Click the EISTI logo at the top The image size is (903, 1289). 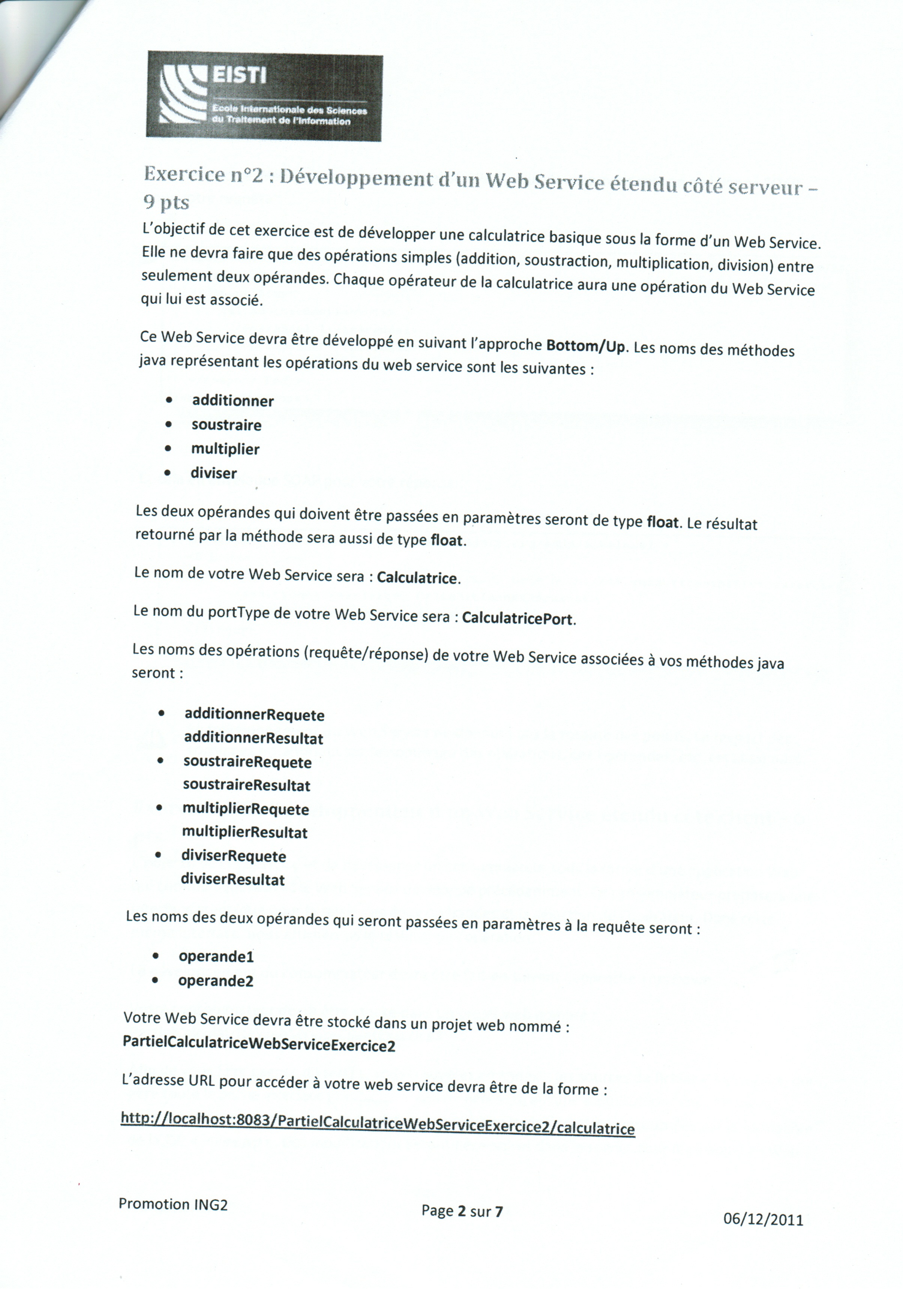click(264, 96)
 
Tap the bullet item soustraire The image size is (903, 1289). click(226, 425)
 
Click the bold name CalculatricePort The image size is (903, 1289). click(517, 619)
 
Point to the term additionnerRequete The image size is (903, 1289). click(254, 715)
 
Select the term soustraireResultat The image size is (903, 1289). click(246, 785)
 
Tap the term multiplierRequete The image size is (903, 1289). click(245, 809)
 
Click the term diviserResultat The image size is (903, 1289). click(232, 879)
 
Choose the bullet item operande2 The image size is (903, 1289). click(216, 981)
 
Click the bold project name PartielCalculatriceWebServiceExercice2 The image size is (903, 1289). click(259, 1045)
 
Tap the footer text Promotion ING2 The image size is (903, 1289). click(173, 1205)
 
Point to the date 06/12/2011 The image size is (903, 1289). click(763, 1219)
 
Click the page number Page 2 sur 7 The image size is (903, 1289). click(462, 1211)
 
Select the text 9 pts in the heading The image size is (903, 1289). click(166, 203)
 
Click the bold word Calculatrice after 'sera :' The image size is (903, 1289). click(417, 578)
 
